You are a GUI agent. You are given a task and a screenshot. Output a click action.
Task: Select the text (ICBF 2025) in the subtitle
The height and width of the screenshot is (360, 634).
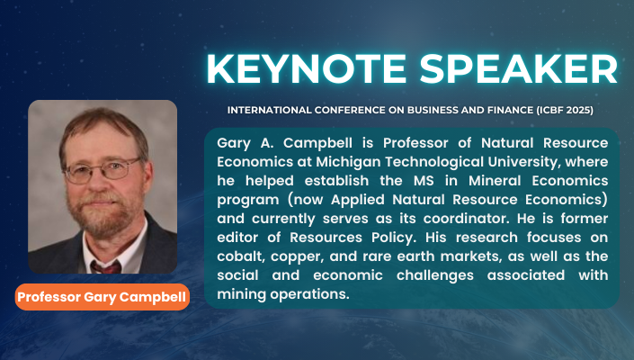[x=561, y=110]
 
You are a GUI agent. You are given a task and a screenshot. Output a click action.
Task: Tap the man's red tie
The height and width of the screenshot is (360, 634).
[x=106, y=265]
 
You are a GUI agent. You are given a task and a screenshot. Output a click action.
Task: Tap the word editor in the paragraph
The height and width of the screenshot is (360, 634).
[x=238, y=235]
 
